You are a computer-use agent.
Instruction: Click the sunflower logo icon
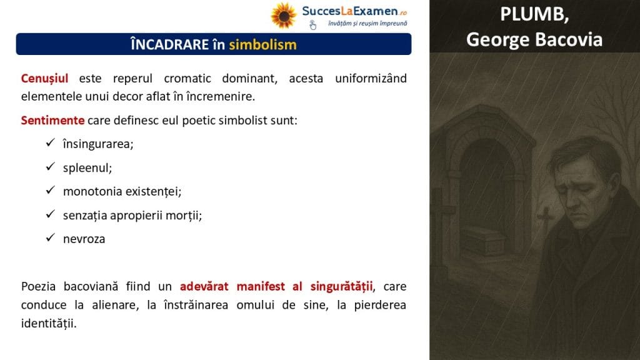(x=283, y=16)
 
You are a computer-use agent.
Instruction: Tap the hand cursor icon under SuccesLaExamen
(x=312, y=25)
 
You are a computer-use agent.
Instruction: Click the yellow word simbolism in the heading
(x=263, y=44)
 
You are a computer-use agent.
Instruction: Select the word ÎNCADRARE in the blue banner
(x=170, y=44)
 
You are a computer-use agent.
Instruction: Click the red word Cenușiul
(x=44, y=78)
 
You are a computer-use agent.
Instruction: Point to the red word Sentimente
(x=52, y=121)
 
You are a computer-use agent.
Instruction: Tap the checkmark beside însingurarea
(x=50, y=142)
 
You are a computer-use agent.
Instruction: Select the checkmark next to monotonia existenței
(x=50, y=190)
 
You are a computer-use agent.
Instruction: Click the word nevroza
(x=84, y=239)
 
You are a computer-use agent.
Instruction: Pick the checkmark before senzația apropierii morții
(x=50, y=214)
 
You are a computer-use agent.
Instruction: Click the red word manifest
(x=261, y=286)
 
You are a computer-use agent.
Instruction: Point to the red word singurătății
(x=342, y=286)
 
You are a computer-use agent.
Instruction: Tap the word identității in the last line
(x=49, y=323)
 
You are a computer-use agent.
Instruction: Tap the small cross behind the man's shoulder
(x=546, y=219)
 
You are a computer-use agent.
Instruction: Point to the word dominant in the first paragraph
(x=249, y=78)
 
